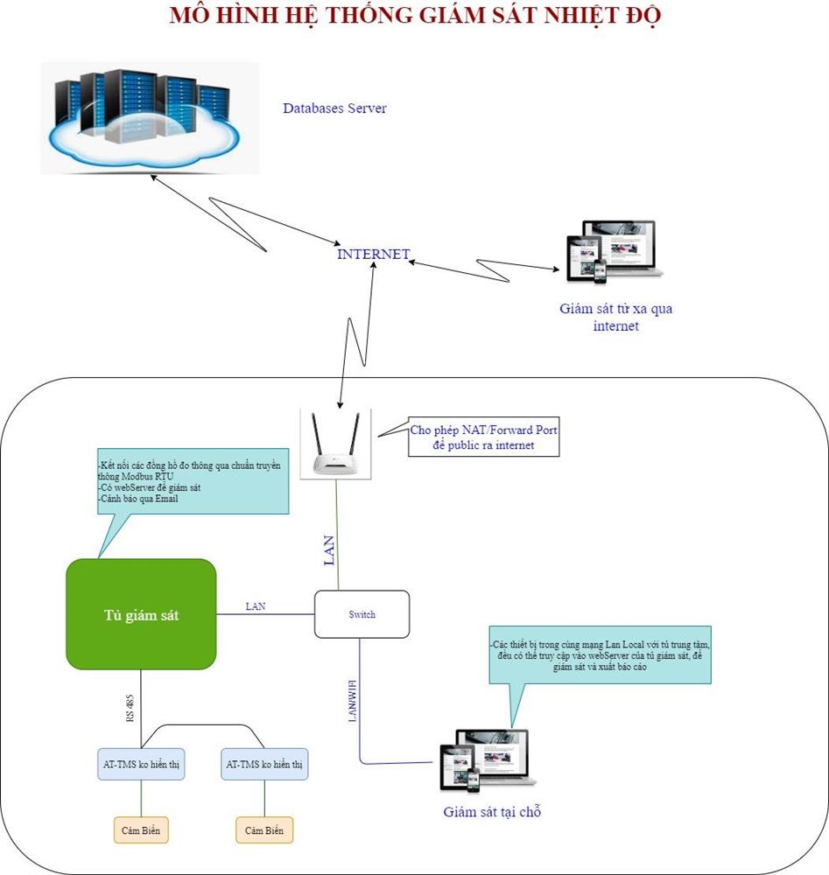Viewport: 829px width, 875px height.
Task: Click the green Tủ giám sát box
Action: click(141, 614)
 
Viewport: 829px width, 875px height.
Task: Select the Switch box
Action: click(362, 614)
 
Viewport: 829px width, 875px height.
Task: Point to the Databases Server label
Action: click(334, 108)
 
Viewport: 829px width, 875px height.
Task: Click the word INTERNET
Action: click(374, 255)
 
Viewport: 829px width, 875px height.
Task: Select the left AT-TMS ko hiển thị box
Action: click(141, 765)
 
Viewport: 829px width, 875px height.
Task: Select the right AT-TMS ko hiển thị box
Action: click(264, 765)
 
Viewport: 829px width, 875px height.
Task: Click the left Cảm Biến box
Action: click(141, 829)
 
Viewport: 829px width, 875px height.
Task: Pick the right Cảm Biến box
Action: click(264, 829)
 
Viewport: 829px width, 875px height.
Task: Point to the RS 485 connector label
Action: click(130, 708)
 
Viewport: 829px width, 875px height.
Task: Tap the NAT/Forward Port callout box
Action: click(484, 437)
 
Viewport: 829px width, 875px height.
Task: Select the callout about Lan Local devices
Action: click(601, 654)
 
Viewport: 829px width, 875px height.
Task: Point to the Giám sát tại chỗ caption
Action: click(492, 812)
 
